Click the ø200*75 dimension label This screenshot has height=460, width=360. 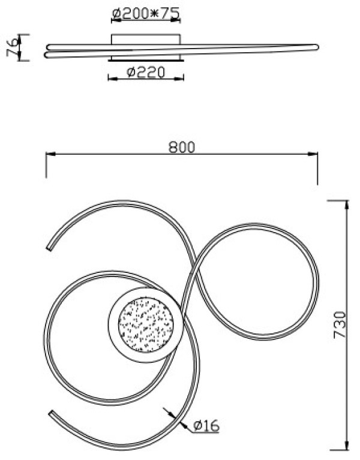tap(146, 13)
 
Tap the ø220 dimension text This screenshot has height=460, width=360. tap(146, 72)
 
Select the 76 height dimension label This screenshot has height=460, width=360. tap(13, 47)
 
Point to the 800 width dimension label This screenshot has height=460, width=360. tap(182, 148)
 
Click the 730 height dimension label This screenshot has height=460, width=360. tap(340, 324)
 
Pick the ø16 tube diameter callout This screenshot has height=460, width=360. tap(206, 425)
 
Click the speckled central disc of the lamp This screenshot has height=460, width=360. tap(146, 324)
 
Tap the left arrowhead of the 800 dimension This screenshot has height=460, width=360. tap(50, 154)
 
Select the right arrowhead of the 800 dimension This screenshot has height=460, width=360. tap(313, 154)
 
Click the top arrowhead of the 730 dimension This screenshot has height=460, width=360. tap(347, 205)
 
